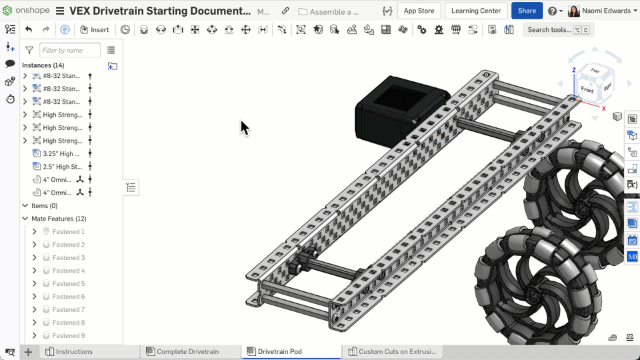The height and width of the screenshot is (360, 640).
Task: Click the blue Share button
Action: point(527,11)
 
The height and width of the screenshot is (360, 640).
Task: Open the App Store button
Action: point(419,11)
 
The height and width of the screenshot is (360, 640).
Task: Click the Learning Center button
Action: point(476,11)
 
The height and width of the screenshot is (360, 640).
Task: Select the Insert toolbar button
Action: point(95,29)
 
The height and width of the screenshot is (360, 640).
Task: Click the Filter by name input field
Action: point(69,50)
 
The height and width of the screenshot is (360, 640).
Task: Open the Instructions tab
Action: point(74,351)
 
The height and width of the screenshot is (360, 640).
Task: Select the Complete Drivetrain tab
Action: point(187,351)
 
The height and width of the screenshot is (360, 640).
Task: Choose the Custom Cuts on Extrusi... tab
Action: point(397,351)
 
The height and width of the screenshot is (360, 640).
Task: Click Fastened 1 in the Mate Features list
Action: point(68,231)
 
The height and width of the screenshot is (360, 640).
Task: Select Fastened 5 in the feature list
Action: point(68,283)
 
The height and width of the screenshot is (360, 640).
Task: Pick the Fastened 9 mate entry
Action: point(68,335)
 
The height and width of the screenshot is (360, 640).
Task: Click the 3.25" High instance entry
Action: point(61,153)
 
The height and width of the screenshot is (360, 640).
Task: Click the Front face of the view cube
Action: point(587,89)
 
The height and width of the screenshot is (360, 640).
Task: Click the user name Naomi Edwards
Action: point(606,11)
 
